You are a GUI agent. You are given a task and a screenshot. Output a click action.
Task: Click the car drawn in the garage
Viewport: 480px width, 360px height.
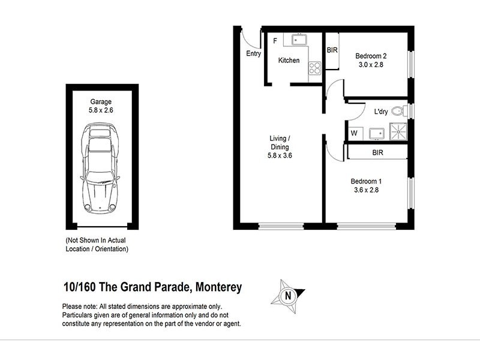pyautogui.click(x=101, y=168)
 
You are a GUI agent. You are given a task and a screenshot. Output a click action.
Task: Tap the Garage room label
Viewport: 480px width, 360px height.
pyautogui.click(x=101, y=102)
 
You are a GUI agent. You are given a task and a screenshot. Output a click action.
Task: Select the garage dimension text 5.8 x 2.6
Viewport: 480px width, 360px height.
pyautogui.click(x=101, y=110)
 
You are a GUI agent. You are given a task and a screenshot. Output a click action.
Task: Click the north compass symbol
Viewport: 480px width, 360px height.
pyautogui.click(x=289, y=295)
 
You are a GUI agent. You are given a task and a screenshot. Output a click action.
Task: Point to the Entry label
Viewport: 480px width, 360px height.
pyautogui.click(x=254, y=54)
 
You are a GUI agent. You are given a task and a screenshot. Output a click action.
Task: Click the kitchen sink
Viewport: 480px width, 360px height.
pyautogui.click(x=298, y=40)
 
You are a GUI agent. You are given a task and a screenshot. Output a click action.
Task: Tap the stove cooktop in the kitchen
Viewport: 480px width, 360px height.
pyautogui.click(x=314, y=68)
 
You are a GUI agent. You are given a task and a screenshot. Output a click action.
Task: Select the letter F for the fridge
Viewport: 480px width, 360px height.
pyautogui.click(x=275, y=41)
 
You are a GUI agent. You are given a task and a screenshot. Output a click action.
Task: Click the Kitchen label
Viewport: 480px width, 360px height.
pyautogui.click(x=289, y=61)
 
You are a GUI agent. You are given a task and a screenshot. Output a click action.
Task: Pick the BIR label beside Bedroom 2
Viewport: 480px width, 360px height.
pyautogui.click(x=332, y=50)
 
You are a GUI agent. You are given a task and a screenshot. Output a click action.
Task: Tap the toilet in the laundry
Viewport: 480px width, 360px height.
pyautogui.click(x=397, y=111)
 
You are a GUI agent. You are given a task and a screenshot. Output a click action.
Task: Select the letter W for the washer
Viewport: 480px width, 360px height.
pyautogui.click(x=353, y=133)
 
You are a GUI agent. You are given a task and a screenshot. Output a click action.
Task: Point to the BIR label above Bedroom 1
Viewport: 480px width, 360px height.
pyautogui.click(x=377, y=153)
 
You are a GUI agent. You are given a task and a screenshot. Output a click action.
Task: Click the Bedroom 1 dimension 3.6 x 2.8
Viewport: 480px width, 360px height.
pyautogui.click(x=365, y=190)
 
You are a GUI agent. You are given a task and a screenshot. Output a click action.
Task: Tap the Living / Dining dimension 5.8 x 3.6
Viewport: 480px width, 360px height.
pyautogui.click(x=280, y=155)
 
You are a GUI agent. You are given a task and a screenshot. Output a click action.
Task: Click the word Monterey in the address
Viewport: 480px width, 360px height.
pyautogui.click(x=217, y=287)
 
